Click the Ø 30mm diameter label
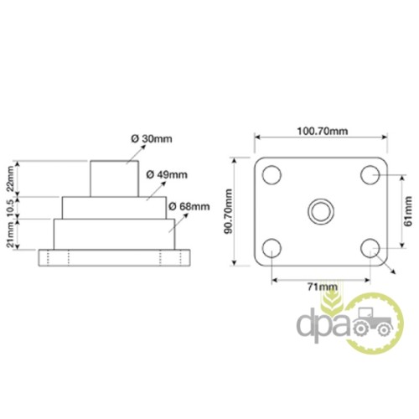tap(152, 139)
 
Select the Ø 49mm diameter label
tap(167, 175)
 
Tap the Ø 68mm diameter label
tap(189, 207)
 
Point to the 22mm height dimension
tap(10, 178)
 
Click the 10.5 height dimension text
tap(10, 208)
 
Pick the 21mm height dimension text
tap(10, 234)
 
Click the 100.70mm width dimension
tap(323, 131)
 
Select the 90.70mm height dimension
tap(229, 211)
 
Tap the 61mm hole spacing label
tap(408, 211)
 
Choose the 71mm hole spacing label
tap(323, 287)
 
